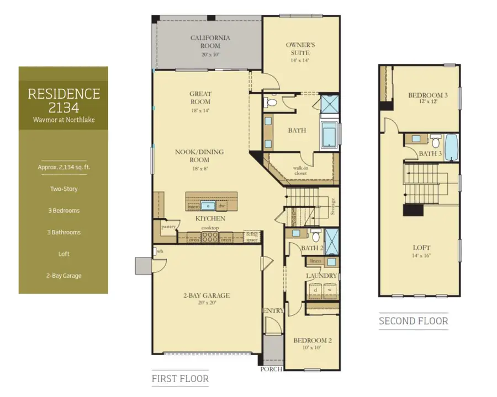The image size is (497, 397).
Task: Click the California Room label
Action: pos(210,42)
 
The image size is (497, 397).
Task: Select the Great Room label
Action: pos(200,98)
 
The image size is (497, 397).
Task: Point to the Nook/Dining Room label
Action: pos(200,156)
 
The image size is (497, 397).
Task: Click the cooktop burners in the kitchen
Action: pos(210,238)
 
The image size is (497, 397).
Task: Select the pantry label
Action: pos(168,227)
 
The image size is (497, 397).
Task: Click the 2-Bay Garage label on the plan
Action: pos(207,296)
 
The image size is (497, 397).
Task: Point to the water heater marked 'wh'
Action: pos(160,251)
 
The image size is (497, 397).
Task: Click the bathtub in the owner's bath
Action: pos(330,136)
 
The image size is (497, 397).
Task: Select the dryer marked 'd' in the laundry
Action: pos(315,289)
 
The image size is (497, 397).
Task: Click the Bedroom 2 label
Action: pos(312,341)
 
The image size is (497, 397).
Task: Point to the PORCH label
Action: pos(272,369)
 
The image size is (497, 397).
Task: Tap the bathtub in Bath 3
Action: pos(451,146)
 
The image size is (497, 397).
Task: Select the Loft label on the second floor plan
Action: pos(421,248)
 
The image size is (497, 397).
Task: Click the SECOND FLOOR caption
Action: pos(413,321)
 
